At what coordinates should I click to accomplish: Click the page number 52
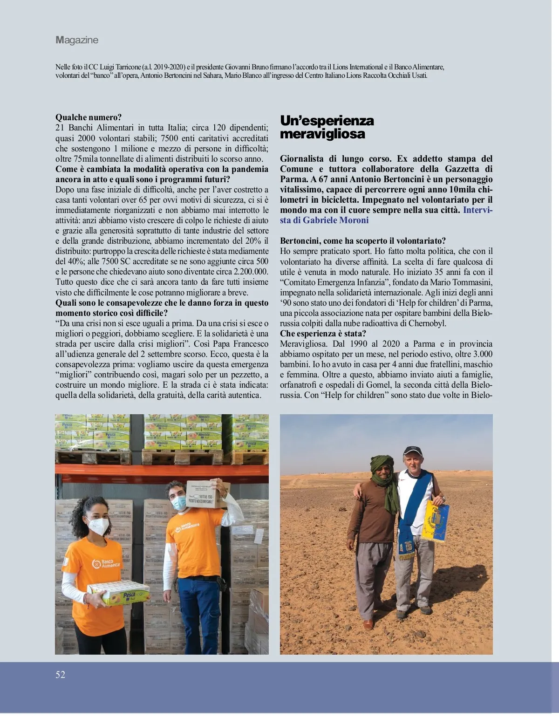[61, 675]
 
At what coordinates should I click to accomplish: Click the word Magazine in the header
[77, 40]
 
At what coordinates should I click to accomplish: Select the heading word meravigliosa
[322, 134]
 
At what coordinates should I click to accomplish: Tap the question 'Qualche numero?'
[89, 117]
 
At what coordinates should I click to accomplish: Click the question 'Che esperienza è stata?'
[323, 334]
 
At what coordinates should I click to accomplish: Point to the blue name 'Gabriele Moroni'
[335, 220]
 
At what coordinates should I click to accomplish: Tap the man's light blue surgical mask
[178, 502]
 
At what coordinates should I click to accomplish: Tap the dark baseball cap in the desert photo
[412, 451]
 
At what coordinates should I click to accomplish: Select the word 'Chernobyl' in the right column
[427, 323]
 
